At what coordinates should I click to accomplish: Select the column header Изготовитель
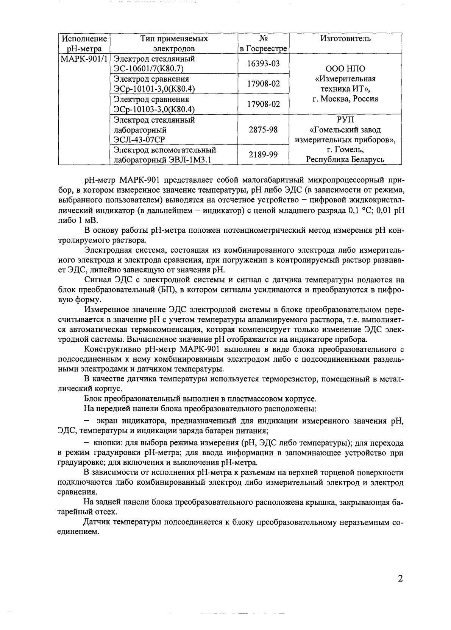(x=345, y=39)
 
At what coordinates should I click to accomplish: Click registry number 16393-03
(x=263, y=64)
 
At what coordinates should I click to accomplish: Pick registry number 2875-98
(x=263, y=130)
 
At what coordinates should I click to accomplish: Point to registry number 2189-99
(x=263, y=155)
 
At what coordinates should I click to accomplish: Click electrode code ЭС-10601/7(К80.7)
(x=149, y=69)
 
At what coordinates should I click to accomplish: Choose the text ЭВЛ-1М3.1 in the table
(x=189, y=160)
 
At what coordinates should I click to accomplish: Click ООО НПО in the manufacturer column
(x=345, y=69)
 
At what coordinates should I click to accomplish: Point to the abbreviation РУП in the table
(x=345, y=120)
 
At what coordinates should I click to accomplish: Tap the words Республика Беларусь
(x=345, y=160)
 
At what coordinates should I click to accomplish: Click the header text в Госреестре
(x=263, y=49)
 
